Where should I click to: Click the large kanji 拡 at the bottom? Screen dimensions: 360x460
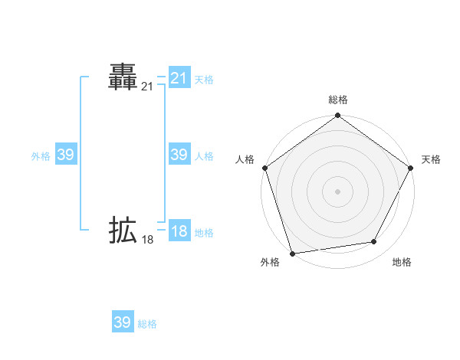tap(123, 230)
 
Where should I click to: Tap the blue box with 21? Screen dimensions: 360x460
tap(179, 78)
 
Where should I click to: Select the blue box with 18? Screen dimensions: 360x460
tap(179, 231)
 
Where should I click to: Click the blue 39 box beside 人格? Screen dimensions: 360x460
tap(179, 155)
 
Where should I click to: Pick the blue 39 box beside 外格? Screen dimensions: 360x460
tap(65, 155)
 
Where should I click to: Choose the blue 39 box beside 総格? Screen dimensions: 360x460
tap(123, 322)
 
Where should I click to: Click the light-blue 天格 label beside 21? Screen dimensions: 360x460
tap(204, 79)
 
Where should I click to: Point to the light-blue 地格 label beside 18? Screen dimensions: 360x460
tap(204, 233)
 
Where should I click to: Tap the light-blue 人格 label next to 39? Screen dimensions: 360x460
tap(204, 156)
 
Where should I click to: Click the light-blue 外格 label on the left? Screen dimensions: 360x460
tap(41, 156)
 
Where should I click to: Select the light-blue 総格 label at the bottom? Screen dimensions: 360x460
tap(147, 324)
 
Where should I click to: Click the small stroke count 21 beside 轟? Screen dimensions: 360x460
tap(147, 87)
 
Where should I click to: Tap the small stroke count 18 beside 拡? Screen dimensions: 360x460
tap(147, 240)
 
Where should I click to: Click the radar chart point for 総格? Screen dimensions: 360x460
tap(337, 116)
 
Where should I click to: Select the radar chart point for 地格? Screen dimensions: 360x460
tap(374, 242)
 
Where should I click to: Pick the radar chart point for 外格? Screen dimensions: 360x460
tap(292, 254)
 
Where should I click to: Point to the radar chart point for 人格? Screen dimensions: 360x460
tap(264, 168)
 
